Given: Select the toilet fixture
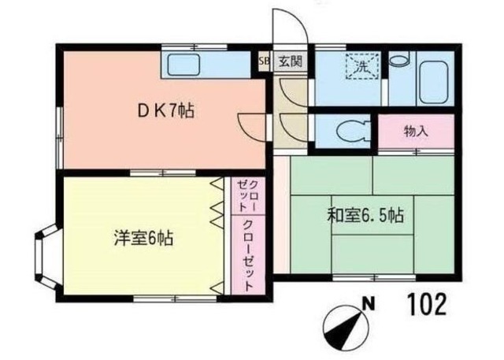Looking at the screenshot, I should pos(346,130).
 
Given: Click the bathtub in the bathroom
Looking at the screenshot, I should pos(434,80).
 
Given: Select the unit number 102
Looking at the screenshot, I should pos(428,303).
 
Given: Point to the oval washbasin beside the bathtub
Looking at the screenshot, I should pos(400,59).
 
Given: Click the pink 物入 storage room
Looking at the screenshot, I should pos(416,132).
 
